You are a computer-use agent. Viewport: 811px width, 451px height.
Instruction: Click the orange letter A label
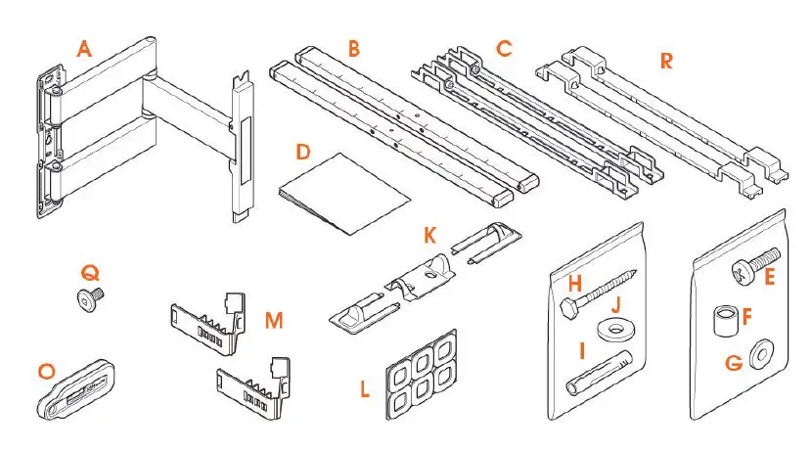[x=85, y=48]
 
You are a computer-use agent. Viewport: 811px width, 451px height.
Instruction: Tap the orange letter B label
[x=353, y=48]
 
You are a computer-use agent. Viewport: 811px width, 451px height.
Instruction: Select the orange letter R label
[x=666, y=61]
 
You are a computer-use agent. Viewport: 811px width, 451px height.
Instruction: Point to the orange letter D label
[x=303, y=153]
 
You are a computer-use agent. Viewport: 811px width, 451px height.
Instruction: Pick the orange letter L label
[x=365, y=389]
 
